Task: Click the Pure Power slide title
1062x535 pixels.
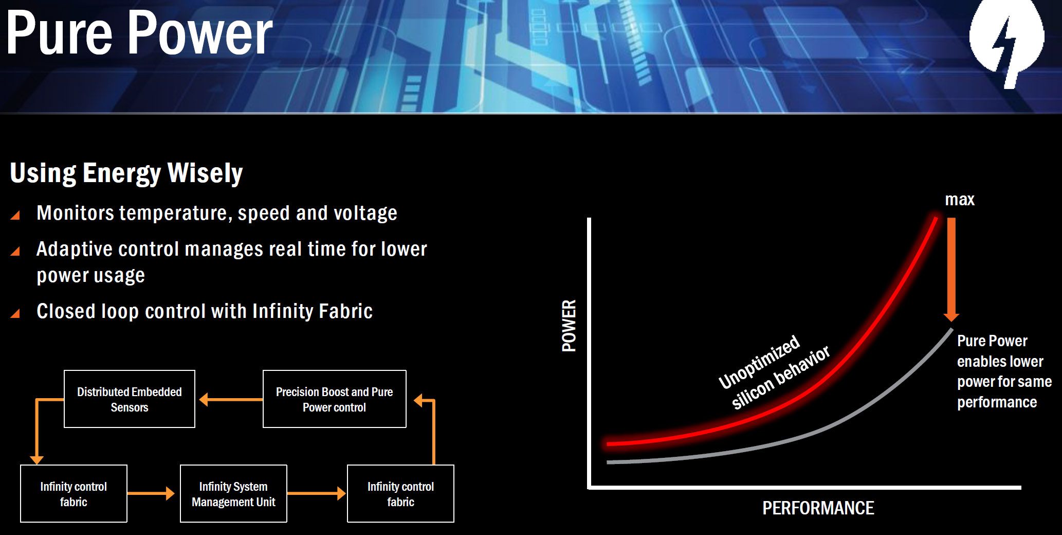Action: pyautogui.click(x=139, y=33)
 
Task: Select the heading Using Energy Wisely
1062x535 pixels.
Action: pyautogui.click(x=126, y=173)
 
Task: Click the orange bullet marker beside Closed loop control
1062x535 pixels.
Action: pyautogui.click(x=15, y=313)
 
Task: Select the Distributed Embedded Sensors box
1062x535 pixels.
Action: pyautogui.click(x=130, y=399)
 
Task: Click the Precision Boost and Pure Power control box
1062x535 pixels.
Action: pyautogui.click(x=335, y=399)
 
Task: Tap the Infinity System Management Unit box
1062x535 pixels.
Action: pyautogui.click(x=233, y=493)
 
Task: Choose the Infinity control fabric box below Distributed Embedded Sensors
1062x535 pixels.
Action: pyautogui.click(x=74, y=493)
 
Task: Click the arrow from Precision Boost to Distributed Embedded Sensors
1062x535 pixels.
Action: pyautogui.click(x=231, y=399)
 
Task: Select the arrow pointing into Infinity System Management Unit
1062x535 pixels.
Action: pyautogui.click(x=151, y=493)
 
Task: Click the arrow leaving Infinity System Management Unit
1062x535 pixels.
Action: pyautogui.click(x=317, y=493)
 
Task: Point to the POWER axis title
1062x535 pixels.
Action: pyautogui.click(x=569, y=326)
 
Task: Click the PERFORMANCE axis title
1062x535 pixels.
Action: pyautogui.click(x=818, y=508)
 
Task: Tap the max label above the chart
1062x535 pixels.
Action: pyautogui.click(x=960, y=200)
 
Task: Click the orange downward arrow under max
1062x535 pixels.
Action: pyautogui.click(x=951, y=270)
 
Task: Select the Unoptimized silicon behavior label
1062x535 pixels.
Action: pyautogui.click(x=774, y=371)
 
